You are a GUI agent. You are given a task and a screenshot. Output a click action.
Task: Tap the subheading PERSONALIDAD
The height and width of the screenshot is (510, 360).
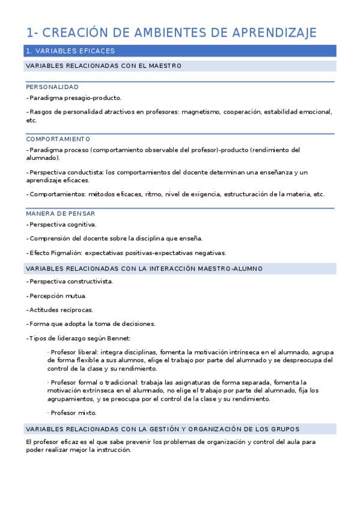pos(52,87)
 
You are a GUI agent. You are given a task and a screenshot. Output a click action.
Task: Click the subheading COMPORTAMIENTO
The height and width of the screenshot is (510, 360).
pos(58,139)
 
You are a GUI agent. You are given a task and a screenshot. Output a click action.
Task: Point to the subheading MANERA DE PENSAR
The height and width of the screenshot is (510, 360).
pos(60,214)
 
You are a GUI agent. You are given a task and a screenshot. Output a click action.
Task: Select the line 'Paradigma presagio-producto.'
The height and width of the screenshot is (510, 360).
pos(75,97)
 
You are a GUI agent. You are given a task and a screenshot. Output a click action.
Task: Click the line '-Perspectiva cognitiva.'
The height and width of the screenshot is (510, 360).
pos(61,224)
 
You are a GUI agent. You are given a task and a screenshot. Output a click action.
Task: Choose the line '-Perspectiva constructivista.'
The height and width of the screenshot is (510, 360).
pos(70,281)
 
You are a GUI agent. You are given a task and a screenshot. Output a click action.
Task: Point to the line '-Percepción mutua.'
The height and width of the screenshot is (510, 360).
pos(57,296)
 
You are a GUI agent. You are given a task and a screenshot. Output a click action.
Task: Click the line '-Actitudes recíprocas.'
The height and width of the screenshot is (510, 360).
pos(60,310)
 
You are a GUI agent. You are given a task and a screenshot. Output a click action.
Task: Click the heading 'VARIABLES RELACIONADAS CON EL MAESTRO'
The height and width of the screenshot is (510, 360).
pos(103,66)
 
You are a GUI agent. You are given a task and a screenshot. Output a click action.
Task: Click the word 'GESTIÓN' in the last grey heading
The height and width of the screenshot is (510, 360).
pos(172,429)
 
